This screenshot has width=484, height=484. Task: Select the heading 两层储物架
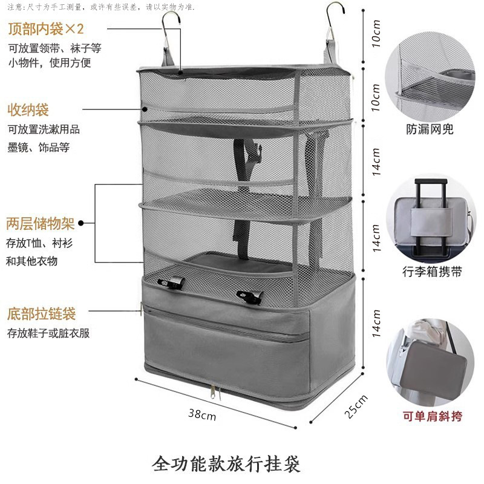(x=41, y=224)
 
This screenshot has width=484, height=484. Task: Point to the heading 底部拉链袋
(x=41, y=315)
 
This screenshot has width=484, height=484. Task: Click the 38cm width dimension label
(x=201, y=414)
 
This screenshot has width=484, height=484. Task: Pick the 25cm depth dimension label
(x=355, y=406)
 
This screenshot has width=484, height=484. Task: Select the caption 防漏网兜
(x=430, y=129)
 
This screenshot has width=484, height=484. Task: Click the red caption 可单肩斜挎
(x=431, y=416)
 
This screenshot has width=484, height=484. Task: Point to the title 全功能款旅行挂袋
(x=227, y=464)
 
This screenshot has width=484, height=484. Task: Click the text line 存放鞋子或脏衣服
(x=48, y=333)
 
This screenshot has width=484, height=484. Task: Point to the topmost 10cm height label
(x=376, y=38)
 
